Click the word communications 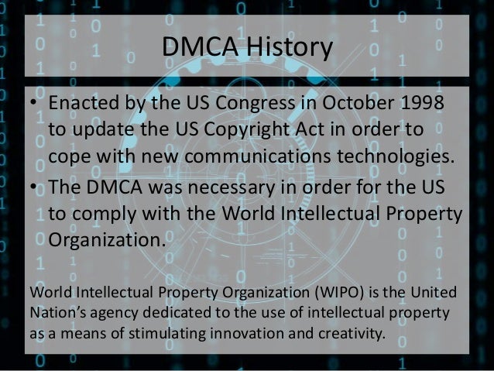coord(269,153)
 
